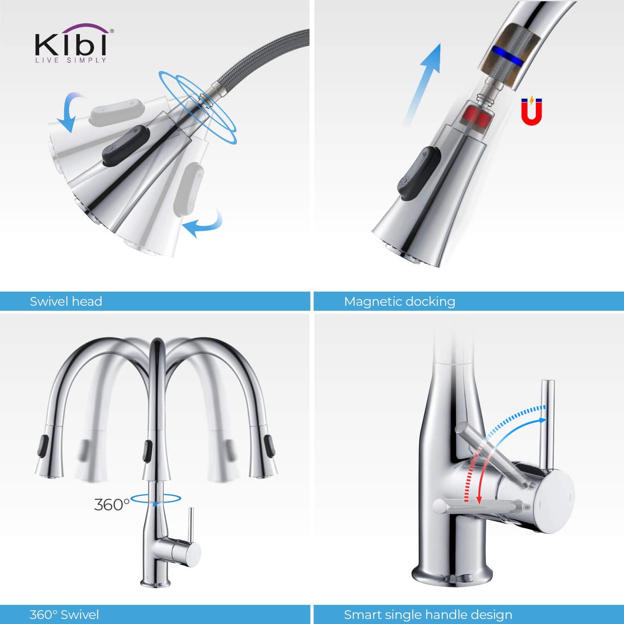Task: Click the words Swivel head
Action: [66, 301]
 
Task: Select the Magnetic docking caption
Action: [399, 301]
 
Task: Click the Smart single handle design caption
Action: [428, 614]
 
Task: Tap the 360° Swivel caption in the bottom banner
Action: [64, 614]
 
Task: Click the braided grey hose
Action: [258, 58]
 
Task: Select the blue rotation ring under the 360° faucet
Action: [156, 499]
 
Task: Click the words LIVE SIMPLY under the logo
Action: [71, 61]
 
